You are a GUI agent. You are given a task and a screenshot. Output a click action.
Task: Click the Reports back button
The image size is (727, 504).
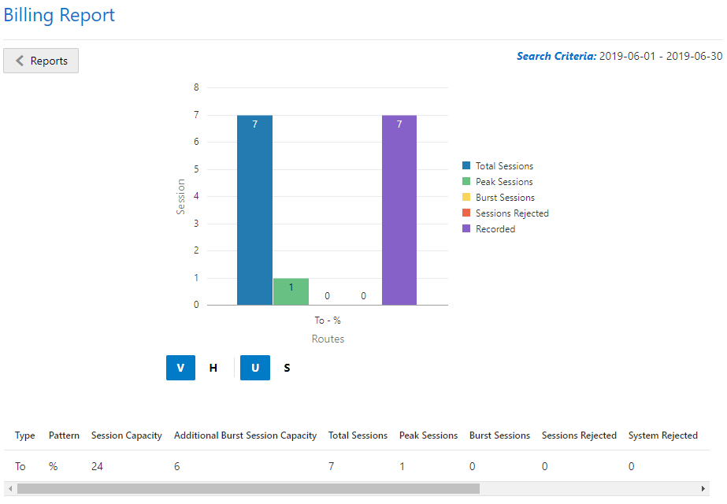point(41,61)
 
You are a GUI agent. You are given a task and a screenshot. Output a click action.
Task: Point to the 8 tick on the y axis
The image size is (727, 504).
point(196,87)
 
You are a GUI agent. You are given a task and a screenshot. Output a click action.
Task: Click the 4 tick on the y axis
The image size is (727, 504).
point(196,196)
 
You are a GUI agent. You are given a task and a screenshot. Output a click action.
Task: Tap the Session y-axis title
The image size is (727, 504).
point(181,197)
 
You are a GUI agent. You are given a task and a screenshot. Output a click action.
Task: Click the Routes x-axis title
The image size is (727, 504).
point(328,339)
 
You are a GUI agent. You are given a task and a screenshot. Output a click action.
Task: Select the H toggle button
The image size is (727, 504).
point(213,368)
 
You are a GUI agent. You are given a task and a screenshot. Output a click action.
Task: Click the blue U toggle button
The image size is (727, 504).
point(255,368)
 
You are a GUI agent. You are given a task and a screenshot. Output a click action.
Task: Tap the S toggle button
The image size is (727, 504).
point(287,368)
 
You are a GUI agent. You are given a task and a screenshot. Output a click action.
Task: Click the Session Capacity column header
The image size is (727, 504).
point(126,435)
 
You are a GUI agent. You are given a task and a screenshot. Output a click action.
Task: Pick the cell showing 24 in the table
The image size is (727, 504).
point(97,466)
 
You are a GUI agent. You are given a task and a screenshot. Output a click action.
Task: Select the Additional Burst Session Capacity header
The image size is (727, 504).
point(245,435)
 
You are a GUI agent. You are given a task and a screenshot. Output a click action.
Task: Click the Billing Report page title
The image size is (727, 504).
point(59,15)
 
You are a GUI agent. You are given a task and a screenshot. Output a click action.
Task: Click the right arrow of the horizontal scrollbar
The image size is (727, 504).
point(703,489)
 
